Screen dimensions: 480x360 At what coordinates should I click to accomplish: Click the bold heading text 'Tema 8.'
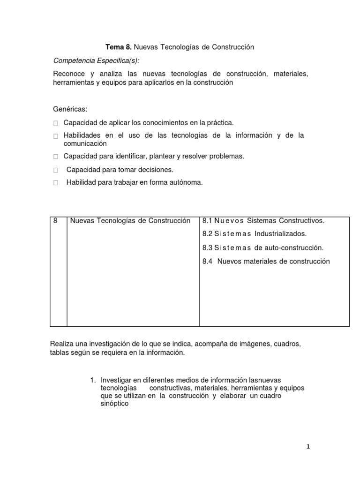pos(118,47)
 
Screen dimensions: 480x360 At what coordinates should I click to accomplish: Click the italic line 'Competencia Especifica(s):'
pos(96,61)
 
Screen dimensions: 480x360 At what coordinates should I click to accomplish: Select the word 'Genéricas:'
pos(70,109)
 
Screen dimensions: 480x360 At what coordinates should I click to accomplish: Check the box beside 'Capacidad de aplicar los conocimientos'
pos(56,123)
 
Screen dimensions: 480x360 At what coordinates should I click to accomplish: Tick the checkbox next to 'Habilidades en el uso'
pos(56,136)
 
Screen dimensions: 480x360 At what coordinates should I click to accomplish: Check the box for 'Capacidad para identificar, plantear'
pos(56,157)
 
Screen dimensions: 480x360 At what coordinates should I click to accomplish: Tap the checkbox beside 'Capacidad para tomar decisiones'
pos(56,170)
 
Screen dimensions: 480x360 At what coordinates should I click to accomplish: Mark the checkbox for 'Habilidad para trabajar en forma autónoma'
pos(56,183)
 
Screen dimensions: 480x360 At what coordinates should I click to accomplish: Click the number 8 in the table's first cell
pos(55,221)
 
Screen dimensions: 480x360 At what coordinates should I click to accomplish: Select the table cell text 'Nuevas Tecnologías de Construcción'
pos(130,221)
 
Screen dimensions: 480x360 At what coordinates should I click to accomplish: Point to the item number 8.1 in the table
pos(207,221)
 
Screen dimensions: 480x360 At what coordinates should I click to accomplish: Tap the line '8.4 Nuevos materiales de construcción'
pos(266,262)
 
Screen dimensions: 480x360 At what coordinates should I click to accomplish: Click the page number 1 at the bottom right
pos(307,447)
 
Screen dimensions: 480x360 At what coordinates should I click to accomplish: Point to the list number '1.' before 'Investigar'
pos(93,380)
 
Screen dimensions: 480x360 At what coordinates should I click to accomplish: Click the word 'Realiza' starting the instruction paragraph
pos(62,345)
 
